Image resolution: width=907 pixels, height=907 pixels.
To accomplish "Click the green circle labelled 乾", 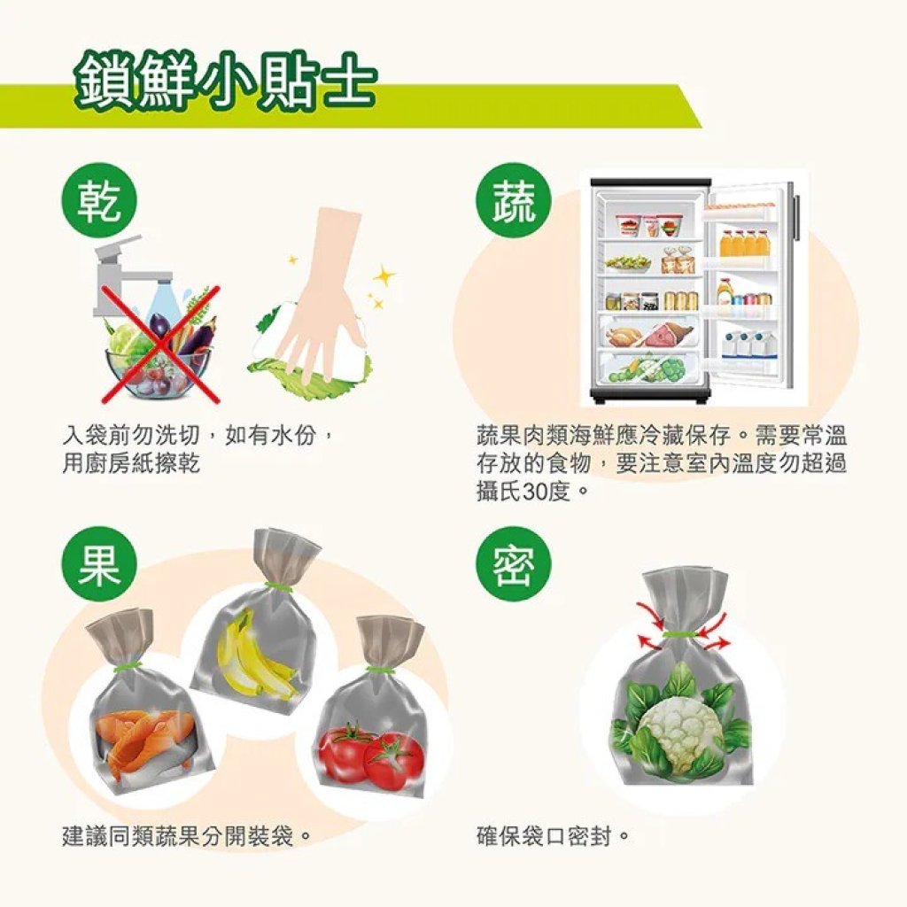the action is pyautogui.click(x=99, y=202).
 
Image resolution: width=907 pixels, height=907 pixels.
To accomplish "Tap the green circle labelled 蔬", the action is pyautogui.click(x=513, y=202).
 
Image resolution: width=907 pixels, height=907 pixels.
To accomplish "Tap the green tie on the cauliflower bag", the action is pyautogui.click(x=681, y=634).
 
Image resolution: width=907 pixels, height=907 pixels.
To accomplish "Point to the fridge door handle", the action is pyautogui.click(x=798, y=217).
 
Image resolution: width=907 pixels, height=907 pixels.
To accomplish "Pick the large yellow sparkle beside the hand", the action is pyautogui.click(x=384, y=276).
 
